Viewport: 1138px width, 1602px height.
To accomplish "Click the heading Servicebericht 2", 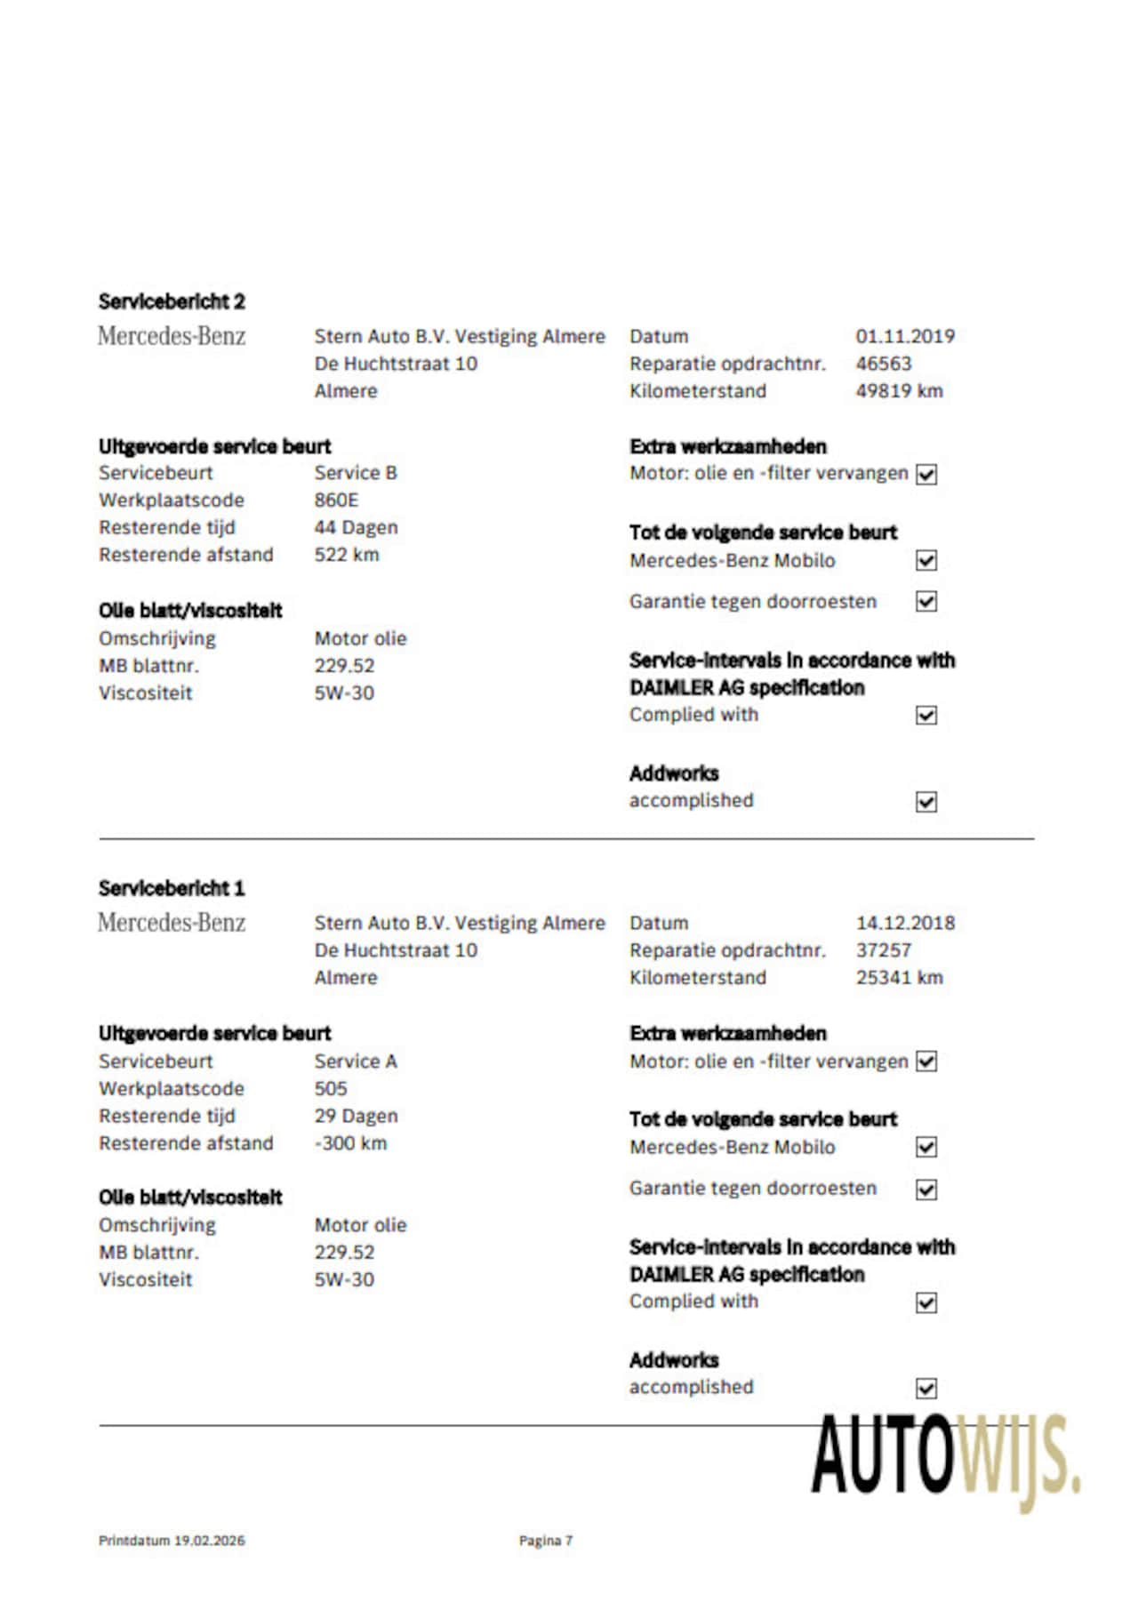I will click(x=172, y=301).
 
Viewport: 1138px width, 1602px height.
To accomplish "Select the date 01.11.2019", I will click(x=905, y=336).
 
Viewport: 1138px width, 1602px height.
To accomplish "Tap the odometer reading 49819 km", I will click(x=899, y=390).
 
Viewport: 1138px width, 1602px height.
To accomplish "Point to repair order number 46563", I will click(x=884, y=363).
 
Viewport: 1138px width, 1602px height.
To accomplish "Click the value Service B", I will click(x=356, y=473).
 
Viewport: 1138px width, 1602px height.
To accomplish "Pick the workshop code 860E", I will click(x=336, y=500).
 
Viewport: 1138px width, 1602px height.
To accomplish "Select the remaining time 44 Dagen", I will click(x=356, y=527).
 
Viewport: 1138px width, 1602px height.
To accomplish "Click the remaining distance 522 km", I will click(x=347, y=555).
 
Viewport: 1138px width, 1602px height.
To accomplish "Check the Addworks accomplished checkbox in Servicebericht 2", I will click(x=926, y=802).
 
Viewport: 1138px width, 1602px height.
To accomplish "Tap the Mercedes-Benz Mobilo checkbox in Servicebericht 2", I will click(x=926, y=561).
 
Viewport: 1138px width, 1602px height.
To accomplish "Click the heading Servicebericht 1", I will click(x=172, y=888).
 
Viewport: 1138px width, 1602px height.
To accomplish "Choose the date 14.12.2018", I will click(x=905, y=923).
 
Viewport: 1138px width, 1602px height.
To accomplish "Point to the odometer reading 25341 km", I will click(x=899, y=977).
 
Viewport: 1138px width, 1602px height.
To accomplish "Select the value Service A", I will click(x=356, y=1061).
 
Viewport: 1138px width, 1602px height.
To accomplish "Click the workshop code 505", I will click(x=331, y=1088).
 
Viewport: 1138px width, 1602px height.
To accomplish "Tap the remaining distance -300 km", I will click(x=350, y=1143).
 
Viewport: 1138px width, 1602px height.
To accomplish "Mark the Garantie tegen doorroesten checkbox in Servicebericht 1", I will click(x=926, y=1189).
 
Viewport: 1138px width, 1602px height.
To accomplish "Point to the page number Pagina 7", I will click(x=546, y=1541).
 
